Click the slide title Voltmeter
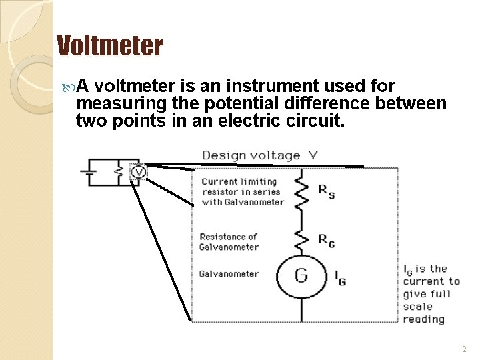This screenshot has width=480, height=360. point(109,46)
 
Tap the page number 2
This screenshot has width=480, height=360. point(464,349)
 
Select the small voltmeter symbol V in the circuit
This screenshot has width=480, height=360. point(138,172)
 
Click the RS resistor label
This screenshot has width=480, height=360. point(326,191)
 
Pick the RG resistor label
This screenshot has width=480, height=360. point(326,241)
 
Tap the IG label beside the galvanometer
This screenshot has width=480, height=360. point(339,277)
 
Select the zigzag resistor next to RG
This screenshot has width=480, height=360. point(301,239)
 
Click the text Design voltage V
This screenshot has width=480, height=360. point(260,155)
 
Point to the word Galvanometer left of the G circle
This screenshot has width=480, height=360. point(229,274)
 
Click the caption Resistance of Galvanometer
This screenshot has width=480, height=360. point(229,241)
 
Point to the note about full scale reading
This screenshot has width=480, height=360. point(431,294)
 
